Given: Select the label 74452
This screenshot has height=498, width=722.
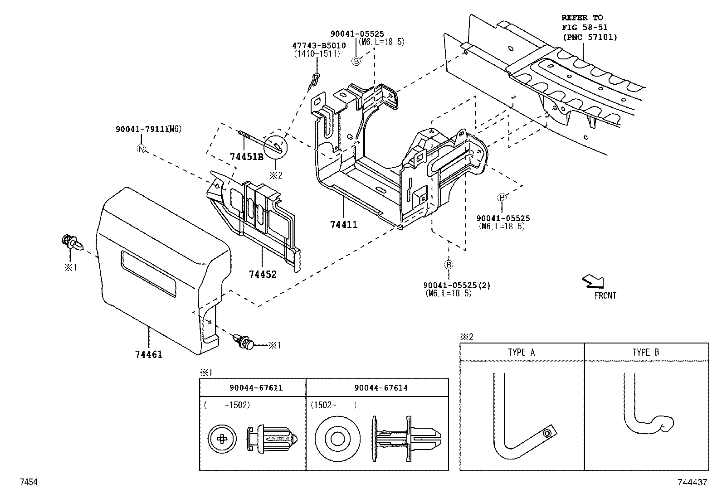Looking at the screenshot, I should [262, 274].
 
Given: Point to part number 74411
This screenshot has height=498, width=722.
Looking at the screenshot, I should [344, 224].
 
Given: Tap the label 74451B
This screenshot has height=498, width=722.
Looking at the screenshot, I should [247, 157].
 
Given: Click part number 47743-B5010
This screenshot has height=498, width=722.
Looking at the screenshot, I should [318, 45].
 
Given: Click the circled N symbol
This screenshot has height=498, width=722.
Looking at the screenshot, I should [141, 149].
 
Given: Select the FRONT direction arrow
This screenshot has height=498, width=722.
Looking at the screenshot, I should [593, 281].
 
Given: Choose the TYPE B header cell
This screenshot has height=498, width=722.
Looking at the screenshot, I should [646, 352].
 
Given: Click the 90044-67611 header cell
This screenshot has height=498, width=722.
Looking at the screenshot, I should [253, 387].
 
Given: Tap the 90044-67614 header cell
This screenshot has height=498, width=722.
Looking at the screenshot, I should [377, 387].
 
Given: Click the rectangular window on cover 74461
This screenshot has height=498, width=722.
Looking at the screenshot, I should [148, 274].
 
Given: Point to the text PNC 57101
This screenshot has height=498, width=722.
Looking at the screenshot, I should [589, 38].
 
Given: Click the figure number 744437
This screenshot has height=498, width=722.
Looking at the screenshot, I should [692, 483].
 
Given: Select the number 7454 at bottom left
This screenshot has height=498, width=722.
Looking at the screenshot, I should [28, 483].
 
